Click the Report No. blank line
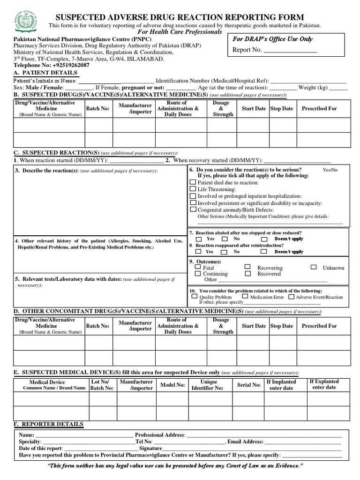pyautogui.click(x=290, y=50)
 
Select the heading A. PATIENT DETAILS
pyautogui.click(x=45, y=73)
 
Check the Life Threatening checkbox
pyautogui.click(x=193, y=189)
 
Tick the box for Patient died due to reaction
pyautogui.click(x=193, y=182)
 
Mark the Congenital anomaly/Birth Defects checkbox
pyautogui.click(x=193, y=210)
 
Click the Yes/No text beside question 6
pyautogui.click(x=330, y=170)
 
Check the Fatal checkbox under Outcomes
pyautogui.click(x=198, y=267)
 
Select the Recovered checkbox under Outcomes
pyautogui.click(x=247, y=273)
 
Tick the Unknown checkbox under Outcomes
pyautogui.click(x=314, y=267)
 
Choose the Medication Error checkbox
pyautogui.click(x=245, y=296)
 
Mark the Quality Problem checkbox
pyautogui.click(x=194, y=296)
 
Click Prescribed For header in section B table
pyautogui.click(x=319, y=108)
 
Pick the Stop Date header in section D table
pyautogui.click(x=281, y=326)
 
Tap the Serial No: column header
pyautogui.click(x=248, y=385)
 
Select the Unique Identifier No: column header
pyautogui.click(x=209, y=385)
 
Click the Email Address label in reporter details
pyautogui.click(x=246, y=442)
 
